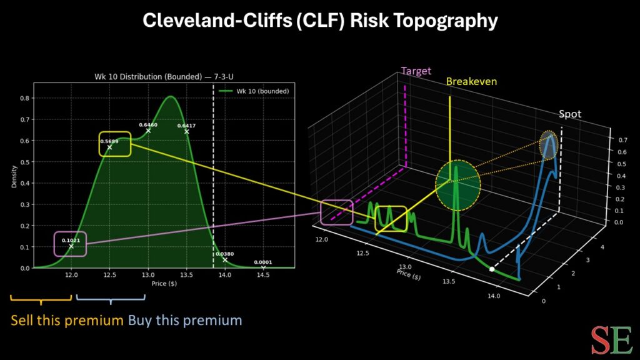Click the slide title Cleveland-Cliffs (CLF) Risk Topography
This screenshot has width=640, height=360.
pos(320,21)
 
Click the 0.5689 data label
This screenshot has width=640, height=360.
pos(109,142)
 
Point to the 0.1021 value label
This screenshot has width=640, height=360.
pos(70,240)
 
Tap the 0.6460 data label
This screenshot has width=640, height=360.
pos(147,125)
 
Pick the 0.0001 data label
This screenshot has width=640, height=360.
pos(263,262)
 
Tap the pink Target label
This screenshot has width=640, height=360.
pos(416,71)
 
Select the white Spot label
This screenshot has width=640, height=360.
pos(570,114)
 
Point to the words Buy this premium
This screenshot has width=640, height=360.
pos(185,321)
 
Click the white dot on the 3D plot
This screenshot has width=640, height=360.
pos(492,269)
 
